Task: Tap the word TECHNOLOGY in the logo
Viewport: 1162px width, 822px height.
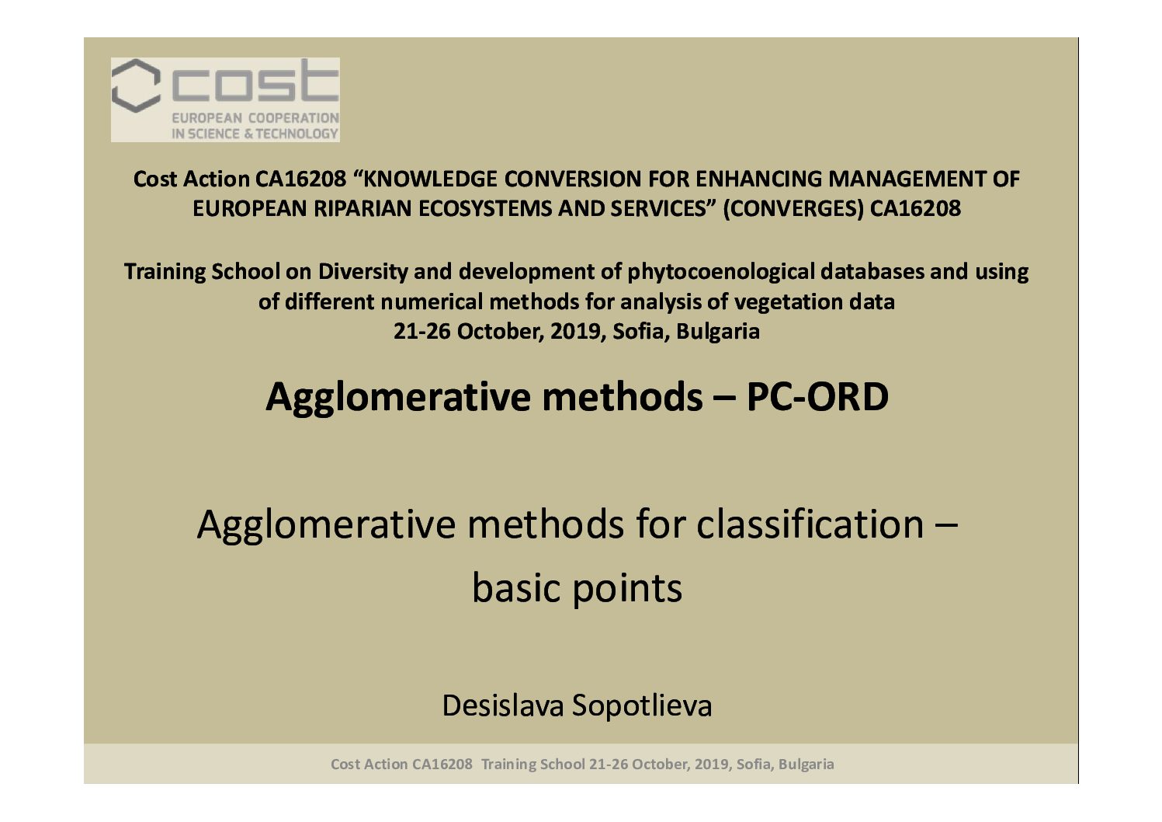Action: tap(297, 134)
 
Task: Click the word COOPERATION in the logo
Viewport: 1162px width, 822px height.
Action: tap(293, 118)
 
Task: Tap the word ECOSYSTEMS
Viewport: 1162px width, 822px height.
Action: tap(486, 209)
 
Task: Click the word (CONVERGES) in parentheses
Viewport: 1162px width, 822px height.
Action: tap(793, 209)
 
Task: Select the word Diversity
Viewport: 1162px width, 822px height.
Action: tap(363, 272)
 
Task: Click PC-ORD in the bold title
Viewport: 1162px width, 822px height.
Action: tap(817, 397)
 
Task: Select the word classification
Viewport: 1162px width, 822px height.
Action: tap(810, 524)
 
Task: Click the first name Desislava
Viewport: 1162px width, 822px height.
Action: tap(503, 705)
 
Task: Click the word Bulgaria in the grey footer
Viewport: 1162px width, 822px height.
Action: tap(806, 765)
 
